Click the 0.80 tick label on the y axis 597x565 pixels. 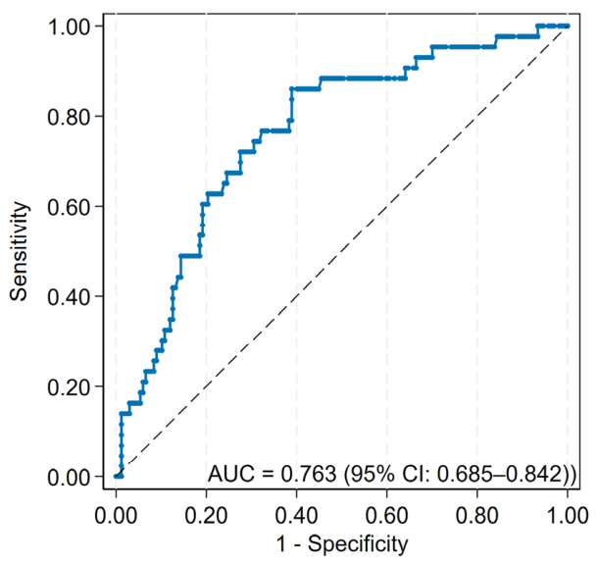point(69,117)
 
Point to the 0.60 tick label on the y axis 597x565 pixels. point(69,207)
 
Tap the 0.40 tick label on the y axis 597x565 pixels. point(69,296)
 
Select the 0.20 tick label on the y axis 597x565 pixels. point(69,386)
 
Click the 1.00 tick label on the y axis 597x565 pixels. point(69,26)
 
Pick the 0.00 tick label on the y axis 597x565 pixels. point(69,477)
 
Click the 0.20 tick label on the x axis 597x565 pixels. point(206,516)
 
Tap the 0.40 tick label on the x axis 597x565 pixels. point(296,516)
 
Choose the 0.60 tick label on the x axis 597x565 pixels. point(387,516)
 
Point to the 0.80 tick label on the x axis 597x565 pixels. point(477,516)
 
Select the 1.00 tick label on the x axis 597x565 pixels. point(568,516)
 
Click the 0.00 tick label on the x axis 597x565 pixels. point(116,516)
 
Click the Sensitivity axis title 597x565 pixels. point(19,251)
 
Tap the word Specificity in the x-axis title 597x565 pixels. point(358,543)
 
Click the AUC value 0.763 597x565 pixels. point(309,475)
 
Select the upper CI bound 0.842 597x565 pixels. point(535,475)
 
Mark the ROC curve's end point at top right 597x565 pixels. point(568,26)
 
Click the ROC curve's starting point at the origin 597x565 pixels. point(116,476)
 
